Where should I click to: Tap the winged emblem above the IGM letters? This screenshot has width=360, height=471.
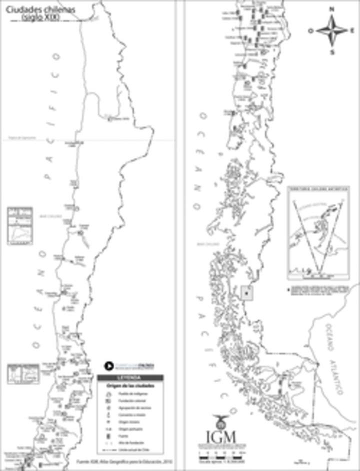pyautogui.click(x=219, y=421)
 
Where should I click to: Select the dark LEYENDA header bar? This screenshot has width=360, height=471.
pyautogui.click(x=129, y=378)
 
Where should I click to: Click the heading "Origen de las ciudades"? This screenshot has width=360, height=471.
pyautogui.click(x=129, y=386)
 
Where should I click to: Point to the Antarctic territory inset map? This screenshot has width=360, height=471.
pyautogui.click(x=318, y=232)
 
